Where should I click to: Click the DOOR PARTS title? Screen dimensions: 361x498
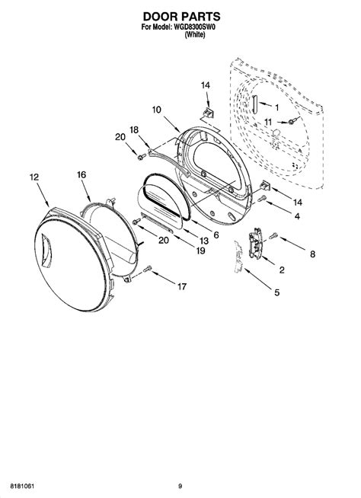coord(181,16)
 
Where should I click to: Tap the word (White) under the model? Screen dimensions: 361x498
coord(195,34)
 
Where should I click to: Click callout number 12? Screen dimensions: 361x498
coord(34,177)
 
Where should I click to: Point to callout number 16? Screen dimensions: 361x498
coord(81,174)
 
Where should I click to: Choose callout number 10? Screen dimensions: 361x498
coord(156,110)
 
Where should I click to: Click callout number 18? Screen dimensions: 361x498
coord(134,129)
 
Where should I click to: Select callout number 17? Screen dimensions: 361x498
coord(182,287)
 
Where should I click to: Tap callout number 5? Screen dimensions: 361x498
coord(277,292)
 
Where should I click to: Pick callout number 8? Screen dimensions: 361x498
coord(313,254)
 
